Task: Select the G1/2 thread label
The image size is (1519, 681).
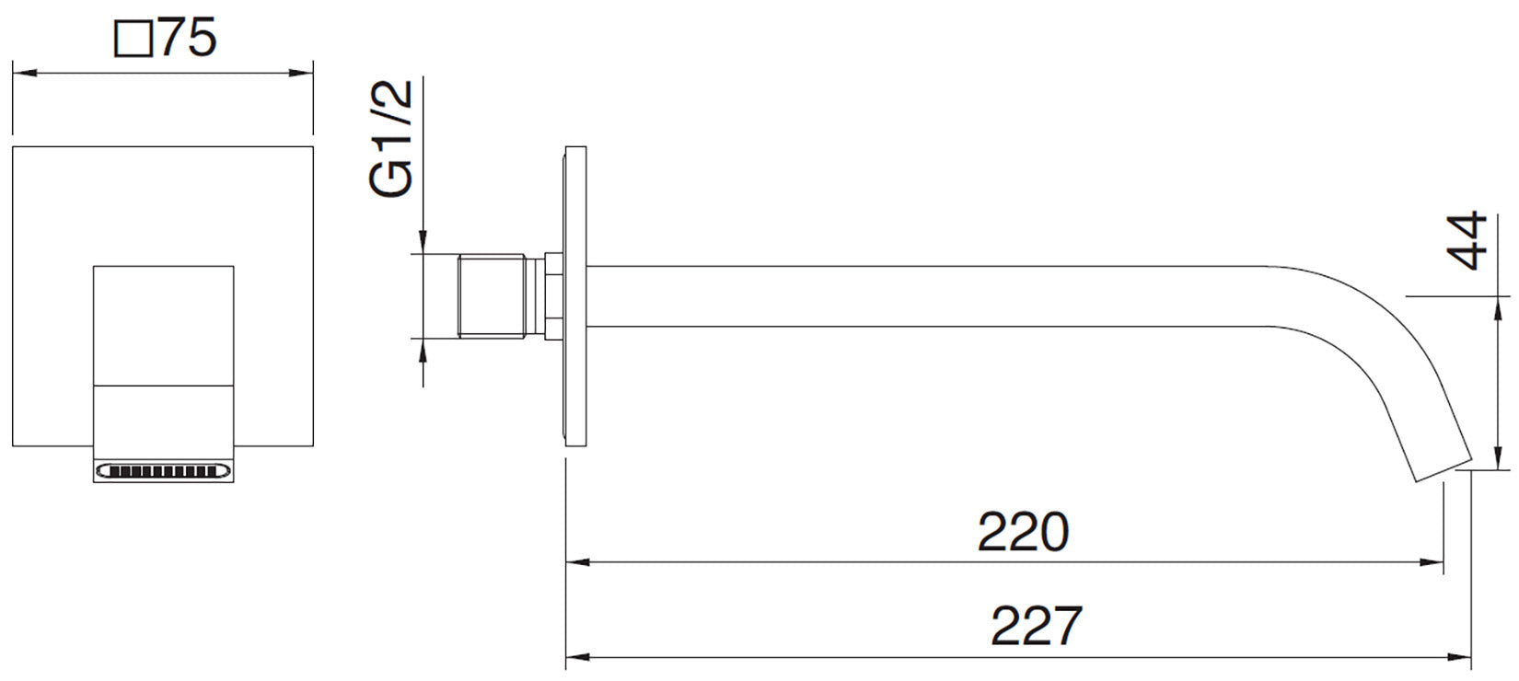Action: click(391, 139)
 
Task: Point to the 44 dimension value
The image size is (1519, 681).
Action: click(1467, 240)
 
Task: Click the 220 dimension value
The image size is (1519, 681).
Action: click(1023, 532)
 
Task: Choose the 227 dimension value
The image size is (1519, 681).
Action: click(1037, 626)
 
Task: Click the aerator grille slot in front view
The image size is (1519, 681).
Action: click(164, 471)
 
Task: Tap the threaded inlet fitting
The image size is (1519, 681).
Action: click(492, 295)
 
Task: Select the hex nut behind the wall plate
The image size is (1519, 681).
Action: click(554, 295)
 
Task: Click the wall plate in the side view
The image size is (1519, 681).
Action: click(575, 295)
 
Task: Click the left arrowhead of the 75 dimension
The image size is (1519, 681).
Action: click(25, 73)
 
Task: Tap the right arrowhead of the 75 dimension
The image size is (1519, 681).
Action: click(301, 73)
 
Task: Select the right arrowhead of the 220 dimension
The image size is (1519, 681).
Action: click(1431, 562)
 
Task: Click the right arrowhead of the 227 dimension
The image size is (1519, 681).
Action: click(1458, 657)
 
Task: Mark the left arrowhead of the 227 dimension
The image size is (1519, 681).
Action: click(578, 657)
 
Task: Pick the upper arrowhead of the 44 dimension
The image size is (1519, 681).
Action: click(1497, 309)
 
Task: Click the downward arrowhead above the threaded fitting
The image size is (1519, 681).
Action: click(423, 241)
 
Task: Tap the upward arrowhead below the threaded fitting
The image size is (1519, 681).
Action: click(423, 351)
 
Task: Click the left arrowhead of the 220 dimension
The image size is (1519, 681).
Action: click(578, 562)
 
